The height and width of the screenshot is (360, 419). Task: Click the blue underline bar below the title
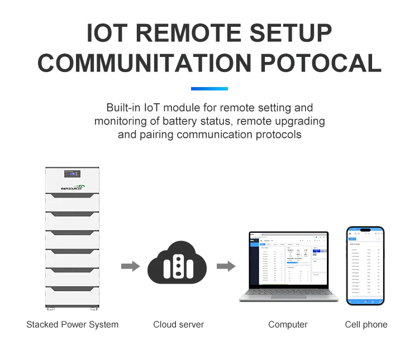[209, 89]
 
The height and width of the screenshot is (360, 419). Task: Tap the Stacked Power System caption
[72, 324]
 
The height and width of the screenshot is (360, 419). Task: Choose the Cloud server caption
[179, 324]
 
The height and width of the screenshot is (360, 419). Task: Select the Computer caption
[288, 324]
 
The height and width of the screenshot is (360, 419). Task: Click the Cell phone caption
[366, 324]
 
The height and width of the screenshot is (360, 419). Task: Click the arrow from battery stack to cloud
[130, 266]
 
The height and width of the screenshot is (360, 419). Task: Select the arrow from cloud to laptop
[226, 266]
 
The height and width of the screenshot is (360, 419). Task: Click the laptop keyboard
[288, 294]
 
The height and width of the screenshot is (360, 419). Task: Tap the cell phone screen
[365, 266]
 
